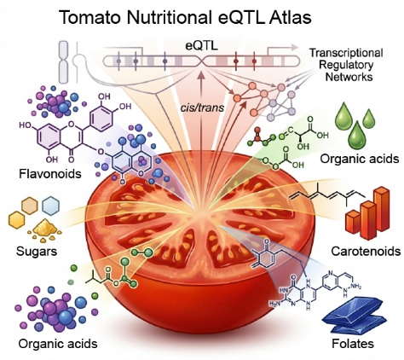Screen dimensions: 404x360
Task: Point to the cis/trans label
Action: [202, 107]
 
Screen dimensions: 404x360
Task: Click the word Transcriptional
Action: [346, 53]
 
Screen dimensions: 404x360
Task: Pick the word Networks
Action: [349, 77]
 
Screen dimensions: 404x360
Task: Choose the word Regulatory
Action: [346, 65]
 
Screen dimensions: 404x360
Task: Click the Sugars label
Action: [37, 252]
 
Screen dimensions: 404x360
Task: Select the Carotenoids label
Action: [366, 252]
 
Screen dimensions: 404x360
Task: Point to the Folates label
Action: [353, 344]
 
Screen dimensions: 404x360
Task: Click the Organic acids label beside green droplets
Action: [360, 159]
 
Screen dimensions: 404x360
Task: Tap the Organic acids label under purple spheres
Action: [58, 344]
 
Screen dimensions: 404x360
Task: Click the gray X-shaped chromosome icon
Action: [63, 61]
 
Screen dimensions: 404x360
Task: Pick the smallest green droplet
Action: [369, 119]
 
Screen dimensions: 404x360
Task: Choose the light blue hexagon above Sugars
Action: [50, 205]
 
